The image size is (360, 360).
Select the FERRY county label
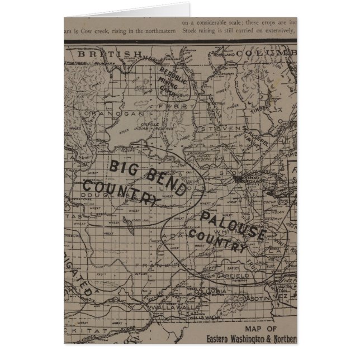pyautogui.click(x=176, y=106)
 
